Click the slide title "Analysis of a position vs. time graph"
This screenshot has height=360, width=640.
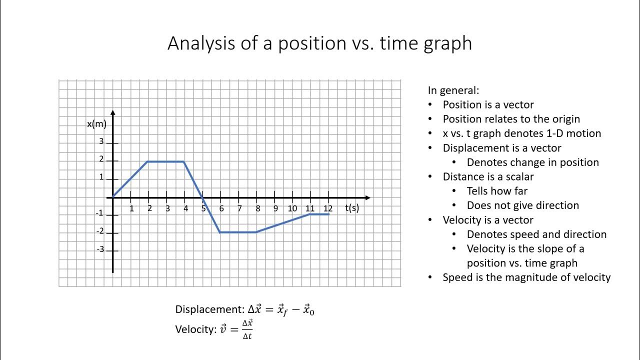[x=319, y=43]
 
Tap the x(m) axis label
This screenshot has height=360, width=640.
[x=96, y=124]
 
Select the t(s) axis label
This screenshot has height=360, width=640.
[x=352, y=208]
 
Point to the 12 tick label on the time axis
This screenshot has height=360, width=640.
[x=328, y=208]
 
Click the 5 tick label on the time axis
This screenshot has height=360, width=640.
[x=203, y=208]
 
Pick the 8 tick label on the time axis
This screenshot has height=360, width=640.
[x=257, y=208]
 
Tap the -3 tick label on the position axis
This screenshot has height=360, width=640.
[x=100, y=249]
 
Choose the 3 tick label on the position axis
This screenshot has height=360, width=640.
[x=101, y=141]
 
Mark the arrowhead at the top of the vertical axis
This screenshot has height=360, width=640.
[x=113, y=112]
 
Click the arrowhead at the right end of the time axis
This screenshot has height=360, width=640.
[x=367, y=197]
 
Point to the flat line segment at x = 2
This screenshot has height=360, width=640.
[x=166, y=161]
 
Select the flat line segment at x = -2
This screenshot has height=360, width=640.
[x=238, y=232]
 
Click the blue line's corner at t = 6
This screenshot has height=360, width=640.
[x=220, y=232]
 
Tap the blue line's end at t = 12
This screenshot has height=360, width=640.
[x=328, y=214]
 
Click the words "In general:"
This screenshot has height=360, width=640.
[x=453, y=90]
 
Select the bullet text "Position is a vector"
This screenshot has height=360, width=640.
[x=488, y=105]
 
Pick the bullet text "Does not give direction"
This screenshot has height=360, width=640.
[x=522, y=205]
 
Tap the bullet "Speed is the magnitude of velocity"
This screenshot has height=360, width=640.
[x=526, y=277]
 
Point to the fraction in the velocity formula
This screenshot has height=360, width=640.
[x=247, y=329]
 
